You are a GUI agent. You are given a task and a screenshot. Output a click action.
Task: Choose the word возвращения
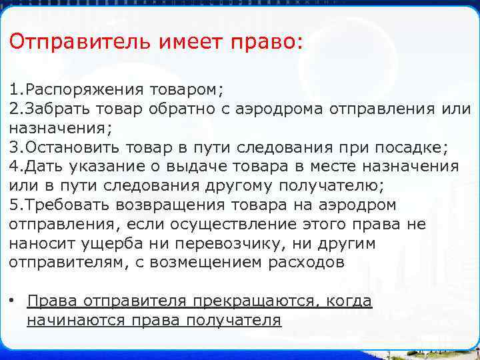[x=177, y=204]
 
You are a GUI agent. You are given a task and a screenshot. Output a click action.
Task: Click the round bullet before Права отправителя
[x=13, y=300]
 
